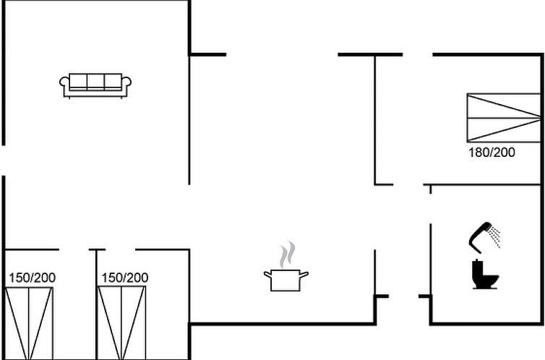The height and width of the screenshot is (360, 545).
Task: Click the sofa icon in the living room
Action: (95, 85)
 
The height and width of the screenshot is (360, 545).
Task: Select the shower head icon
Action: (480, 233)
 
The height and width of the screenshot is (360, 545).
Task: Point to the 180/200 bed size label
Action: (492, 153)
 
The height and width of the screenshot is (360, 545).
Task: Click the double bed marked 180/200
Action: (503, 117)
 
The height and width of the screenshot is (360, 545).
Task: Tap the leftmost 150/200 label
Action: (32, 278)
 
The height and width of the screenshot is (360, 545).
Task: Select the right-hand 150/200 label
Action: (124, 278)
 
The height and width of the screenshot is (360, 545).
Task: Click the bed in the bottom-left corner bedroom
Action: (30, 322)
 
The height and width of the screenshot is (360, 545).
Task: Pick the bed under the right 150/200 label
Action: (122, 322)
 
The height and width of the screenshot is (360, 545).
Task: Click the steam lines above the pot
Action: (288, 255)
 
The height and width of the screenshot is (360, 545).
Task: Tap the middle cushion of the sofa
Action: (95, 82)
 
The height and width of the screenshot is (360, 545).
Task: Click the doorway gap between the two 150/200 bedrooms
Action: (75, 250)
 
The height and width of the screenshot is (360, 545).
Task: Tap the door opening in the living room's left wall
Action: (4, 160)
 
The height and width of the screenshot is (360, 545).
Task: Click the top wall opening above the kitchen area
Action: (282, 54)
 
